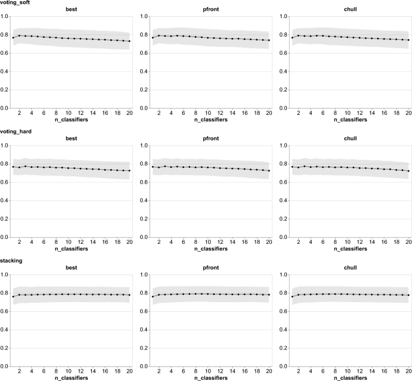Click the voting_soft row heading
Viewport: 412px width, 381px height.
point(15,2)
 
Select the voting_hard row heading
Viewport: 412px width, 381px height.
point(16,131)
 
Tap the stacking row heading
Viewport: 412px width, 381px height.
point(11,261)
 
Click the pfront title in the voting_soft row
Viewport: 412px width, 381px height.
point(211,10)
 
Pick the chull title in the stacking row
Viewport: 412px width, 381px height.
point(350,268)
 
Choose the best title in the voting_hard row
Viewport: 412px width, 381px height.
point(71,138)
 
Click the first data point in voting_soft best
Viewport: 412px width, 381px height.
point(13,37)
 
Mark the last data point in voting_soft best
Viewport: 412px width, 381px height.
point(129,42)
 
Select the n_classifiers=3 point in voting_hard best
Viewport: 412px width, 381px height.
point(25,166)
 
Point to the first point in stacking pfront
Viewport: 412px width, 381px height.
point(153,297)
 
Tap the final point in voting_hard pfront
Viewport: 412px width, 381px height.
point(269,171)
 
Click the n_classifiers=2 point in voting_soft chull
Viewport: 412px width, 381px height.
point(298,36)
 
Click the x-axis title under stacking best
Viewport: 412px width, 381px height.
point(71,378)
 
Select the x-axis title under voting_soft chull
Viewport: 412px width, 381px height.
point(350,120)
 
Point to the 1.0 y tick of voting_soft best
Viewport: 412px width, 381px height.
point(4,16)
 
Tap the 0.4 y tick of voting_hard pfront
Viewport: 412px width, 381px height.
point(144,200)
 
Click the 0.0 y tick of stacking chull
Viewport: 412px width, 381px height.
point(283,367)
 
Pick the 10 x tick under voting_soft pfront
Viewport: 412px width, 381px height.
point(208,113)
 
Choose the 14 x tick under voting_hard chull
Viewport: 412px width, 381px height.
point(372,242)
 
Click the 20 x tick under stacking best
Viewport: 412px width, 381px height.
point(129,371)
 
